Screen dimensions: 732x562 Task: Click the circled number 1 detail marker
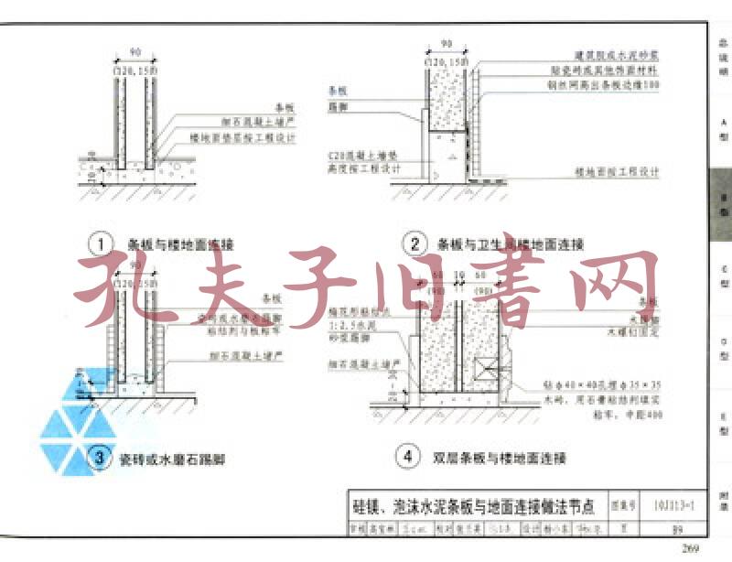point(100,244)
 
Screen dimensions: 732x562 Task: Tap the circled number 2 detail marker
point(415,244)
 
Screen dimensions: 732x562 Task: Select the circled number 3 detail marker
point(100,459)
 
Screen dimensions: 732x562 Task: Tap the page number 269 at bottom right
point(689,548)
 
